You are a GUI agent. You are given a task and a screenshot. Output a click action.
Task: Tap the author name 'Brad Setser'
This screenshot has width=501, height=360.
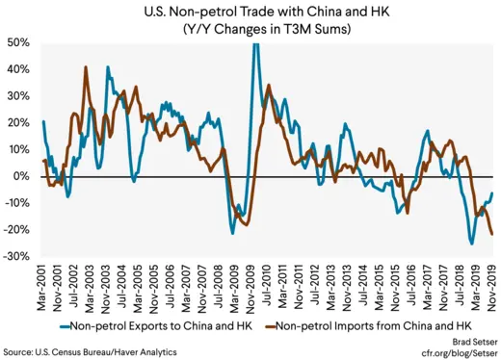(471, 343)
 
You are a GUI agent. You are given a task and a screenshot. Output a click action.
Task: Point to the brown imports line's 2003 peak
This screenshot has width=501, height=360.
(87, 67)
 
